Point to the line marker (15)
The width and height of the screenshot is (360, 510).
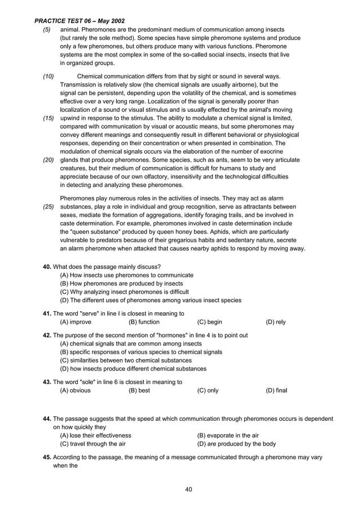(49, 118)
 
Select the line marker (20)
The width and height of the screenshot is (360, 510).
(49, 160)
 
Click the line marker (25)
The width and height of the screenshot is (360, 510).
(49, 207)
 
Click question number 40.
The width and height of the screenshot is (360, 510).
(47, 267)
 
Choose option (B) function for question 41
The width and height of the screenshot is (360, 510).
(144, 322)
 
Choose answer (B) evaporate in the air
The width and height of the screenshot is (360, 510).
(228, 435)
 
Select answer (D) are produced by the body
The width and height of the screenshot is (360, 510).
(236, 444)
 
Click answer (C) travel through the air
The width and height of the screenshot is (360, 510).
(93, 444)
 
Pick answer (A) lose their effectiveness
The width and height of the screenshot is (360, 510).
(95, 435)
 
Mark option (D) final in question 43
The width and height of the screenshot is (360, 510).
(276, 390)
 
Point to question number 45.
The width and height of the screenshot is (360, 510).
(47, 457)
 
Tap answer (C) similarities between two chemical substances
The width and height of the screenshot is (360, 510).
(126, 360)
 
